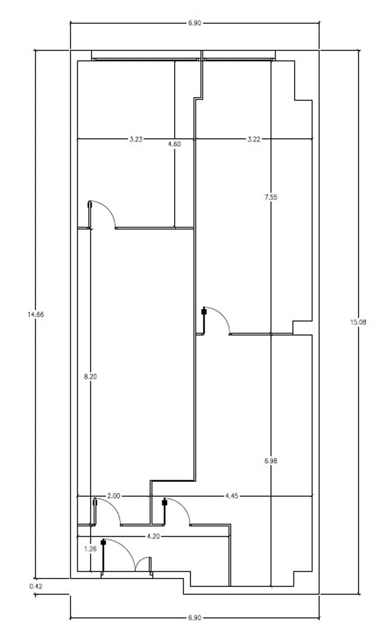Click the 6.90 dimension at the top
click(x=195, y=23)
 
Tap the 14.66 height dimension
click(x=36, y=315)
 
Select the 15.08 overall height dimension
click(x=358, y=322)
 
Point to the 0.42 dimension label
click(x=36, y=586)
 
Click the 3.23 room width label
click(x=136, y=139)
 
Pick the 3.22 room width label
click(x=254, y=139)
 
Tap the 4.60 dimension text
click(x=174, y=144)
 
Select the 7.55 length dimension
click(x=271, y=197)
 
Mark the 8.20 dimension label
click(x=90, y=377)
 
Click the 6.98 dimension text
click(x=271, y=461)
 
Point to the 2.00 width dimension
click(x=113, y=496)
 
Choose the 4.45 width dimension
click(x=231, y=496)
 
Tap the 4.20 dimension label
click(x=153, y=536)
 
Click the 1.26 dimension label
click(x=90, y=549)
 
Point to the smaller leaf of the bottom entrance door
click(x=140, y=561)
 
